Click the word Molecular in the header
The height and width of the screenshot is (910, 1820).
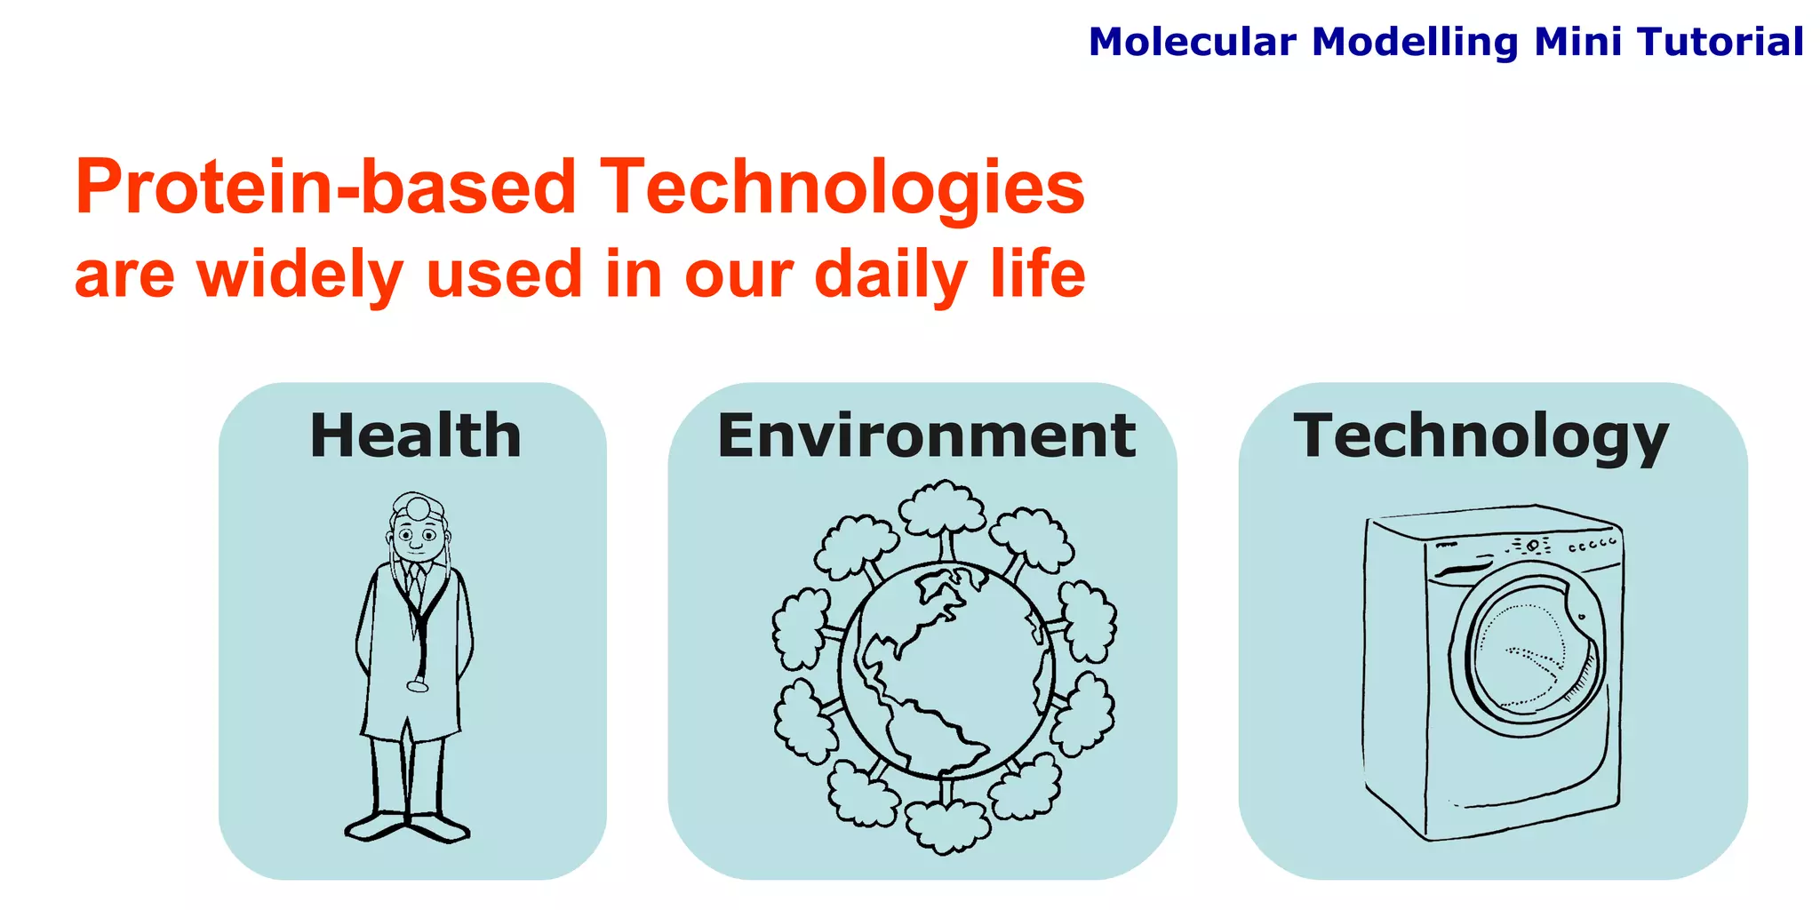1192,42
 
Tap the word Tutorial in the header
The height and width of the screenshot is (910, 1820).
1720,42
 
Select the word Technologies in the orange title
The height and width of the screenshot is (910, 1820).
842,188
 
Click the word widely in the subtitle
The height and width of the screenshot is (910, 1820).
300,274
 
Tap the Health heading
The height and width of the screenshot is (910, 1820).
415,435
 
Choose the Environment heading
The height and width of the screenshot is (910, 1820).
926,435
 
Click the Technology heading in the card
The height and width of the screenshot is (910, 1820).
1481,435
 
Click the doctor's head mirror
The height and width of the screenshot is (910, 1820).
416,507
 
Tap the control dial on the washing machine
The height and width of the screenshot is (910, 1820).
1533,545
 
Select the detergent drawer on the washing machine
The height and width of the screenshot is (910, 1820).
1462,568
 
